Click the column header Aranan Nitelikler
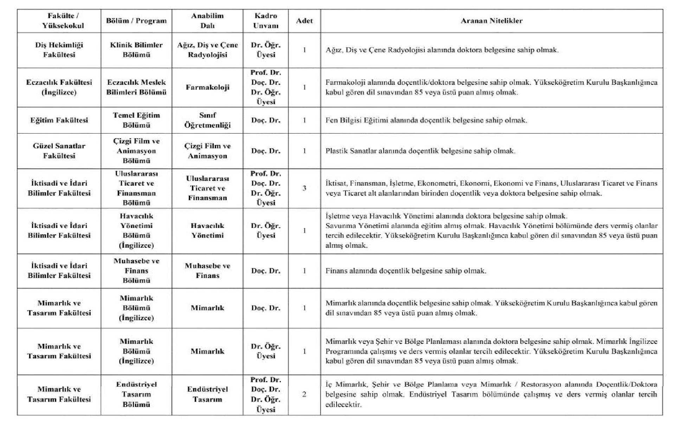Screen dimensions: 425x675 [x=491, y=21]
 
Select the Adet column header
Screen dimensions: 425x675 [x=304, y=21]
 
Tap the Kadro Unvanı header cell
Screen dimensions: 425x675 [x=265, y=21]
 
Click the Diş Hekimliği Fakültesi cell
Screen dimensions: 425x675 [x=59, y=50]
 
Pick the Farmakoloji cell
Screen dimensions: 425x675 [x=207, y=87]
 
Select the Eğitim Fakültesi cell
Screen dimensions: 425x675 [x=59, y=120]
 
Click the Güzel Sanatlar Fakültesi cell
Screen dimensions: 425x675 [x=59, y=151]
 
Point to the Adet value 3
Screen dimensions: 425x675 [x=304, y=188]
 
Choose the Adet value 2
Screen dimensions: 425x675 [x=304, y=394]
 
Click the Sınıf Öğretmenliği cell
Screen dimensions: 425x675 [x=207, y=120]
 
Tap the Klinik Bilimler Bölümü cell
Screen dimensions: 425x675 [x=136, y=50]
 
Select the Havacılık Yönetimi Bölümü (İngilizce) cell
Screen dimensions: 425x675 [x=136, y=231]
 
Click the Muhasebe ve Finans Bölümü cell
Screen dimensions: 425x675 [x=136, y=271]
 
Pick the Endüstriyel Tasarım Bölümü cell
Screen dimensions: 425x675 [x=136, y=394]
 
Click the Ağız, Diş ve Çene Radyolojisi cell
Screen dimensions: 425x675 [x=207, y=50]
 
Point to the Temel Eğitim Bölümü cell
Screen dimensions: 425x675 [x=136, y=120]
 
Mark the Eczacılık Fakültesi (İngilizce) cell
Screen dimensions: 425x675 [x=59, y=87]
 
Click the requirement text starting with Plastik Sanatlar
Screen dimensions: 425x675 [x=420, y=151]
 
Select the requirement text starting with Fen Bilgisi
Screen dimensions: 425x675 [x=426, y=120]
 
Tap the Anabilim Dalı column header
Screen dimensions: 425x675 [x=207, y=21]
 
